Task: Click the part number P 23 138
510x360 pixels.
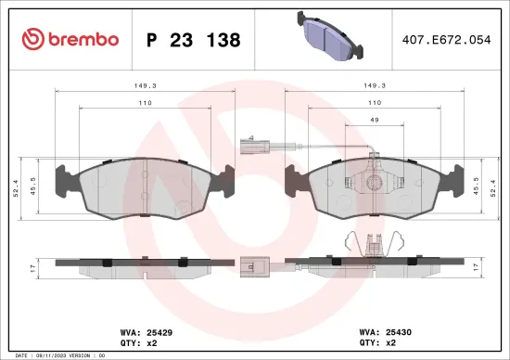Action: tap(194, 40)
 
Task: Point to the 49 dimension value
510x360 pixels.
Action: tap(375, 121)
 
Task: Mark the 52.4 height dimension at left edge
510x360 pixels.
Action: tap(16, 190)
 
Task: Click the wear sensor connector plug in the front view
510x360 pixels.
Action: tap(248, 144)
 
